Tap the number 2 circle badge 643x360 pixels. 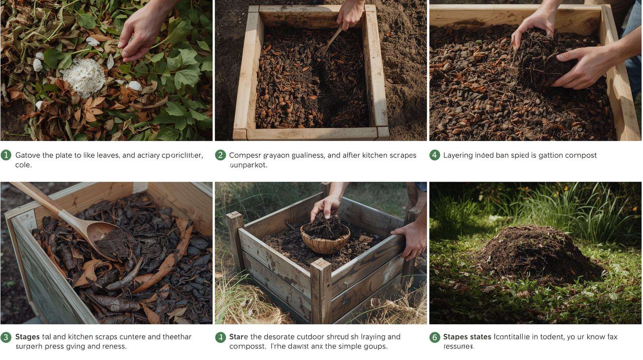[x=220, y=155]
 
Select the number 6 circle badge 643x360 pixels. [x=434, y=337]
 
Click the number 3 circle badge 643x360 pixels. [x=6, y=337]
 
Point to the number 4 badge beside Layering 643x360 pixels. [x=434, y=155]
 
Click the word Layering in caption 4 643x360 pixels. [x=457, y=155]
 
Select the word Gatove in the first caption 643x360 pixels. [x=28, y=155]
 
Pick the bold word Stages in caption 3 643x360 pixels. [x=27, y=337]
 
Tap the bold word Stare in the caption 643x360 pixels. [x=238, y=337]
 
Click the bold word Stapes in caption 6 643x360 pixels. [x=455, y=337]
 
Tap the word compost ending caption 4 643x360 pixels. [x=581, y=155]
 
